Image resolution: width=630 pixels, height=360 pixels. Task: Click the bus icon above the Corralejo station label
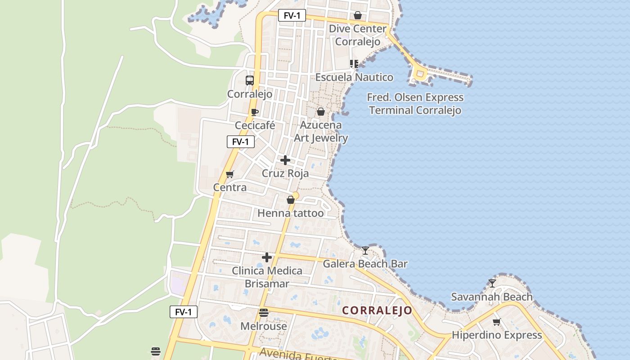[x=250, y=81]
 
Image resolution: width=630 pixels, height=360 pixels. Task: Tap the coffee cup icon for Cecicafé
[x=255, y=112]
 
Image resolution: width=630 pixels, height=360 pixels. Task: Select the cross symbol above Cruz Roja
[x=285, y=160]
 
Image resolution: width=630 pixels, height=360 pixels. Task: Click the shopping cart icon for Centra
[x=230, y=174]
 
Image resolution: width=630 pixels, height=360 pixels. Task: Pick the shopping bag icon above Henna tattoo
[x=291, y=200]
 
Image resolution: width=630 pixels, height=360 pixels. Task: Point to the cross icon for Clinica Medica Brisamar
[x=267, y=257]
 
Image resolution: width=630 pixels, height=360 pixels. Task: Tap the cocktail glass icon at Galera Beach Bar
[x=365, y=250]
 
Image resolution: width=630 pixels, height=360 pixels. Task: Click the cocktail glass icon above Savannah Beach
[x=492, y=283]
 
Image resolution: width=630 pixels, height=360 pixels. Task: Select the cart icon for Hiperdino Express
[x=497, y=322]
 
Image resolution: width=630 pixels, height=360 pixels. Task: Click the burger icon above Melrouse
[x=264, y=312]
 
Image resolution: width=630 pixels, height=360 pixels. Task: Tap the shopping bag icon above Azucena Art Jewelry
[x=321, y=112]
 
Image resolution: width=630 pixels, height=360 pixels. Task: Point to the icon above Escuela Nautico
[x=354, y=64]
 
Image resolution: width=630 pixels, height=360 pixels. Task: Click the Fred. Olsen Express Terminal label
[x=415, y=104]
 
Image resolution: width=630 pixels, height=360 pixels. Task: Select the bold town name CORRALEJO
[x=377, y=310]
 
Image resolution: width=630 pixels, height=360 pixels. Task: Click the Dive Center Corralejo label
[x=358, y=35]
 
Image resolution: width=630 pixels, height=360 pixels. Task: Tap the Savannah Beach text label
[x=492, y=297]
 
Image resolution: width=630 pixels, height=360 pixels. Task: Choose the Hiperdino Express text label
[x=497, y=335]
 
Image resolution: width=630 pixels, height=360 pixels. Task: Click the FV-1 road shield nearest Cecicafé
[x=241, y=142]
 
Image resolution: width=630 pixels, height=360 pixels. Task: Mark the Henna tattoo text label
[x=291, y=213]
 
